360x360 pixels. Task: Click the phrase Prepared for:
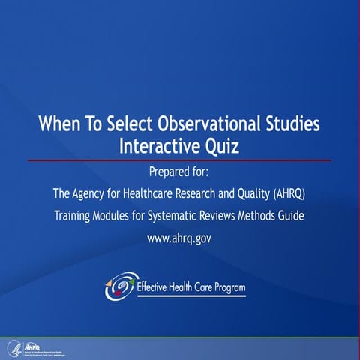tap(180, 170)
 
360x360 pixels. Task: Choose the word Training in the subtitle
tap(75, 217)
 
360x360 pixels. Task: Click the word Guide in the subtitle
tap(289, 217)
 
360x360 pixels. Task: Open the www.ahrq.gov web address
tap(180, 241)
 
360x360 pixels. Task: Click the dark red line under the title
tap(180, 160)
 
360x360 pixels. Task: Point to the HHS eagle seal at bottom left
tap(13, 348)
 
